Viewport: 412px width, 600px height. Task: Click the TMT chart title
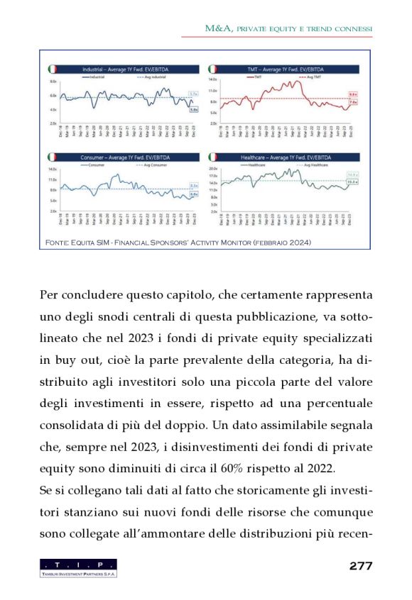coord(283,69)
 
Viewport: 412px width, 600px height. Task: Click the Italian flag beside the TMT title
coord(212,69)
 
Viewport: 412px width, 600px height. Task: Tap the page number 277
coord(361,565)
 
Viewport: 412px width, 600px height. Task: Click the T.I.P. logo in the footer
coord(78,567)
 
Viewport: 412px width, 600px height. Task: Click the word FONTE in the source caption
coord(55,243)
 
